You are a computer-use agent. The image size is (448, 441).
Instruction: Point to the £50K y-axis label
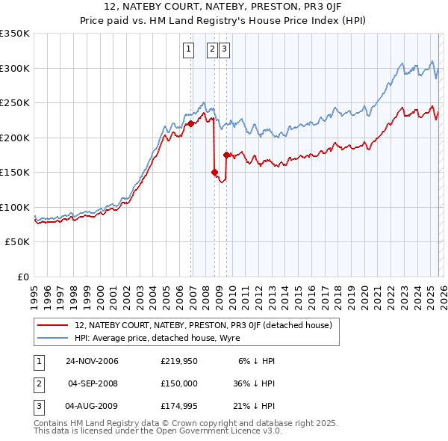coord(17,242)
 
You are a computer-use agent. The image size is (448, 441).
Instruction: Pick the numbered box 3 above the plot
coord(225,50)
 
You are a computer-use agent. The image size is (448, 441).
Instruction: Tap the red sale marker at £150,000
coord(214,172)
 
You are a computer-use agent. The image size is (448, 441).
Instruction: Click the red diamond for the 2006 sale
coord(191,123)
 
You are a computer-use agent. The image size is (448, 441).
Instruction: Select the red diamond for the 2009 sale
coord(226,155)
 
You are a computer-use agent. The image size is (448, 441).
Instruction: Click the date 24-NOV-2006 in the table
coord(93,361)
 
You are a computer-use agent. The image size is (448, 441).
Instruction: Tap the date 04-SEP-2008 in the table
coord(93,383)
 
